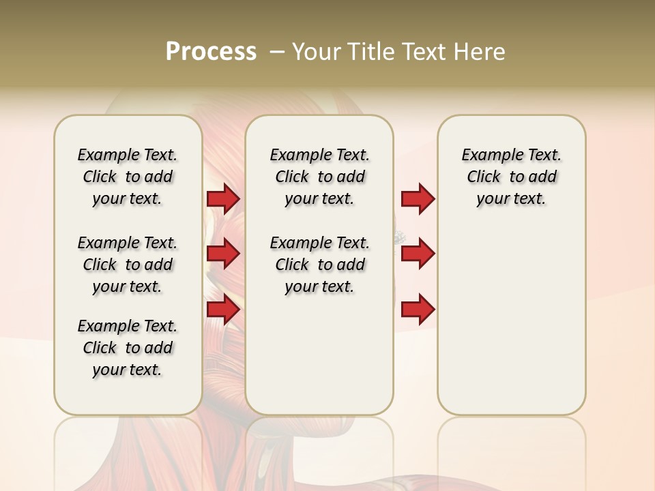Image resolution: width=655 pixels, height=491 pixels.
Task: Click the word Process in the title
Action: click(211, 52)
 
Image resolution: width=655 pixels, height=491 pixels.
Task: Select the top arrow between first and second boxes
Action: click(223, 199)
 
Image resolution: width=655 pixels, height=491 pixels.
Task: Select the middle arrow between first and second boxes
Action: click(223, 254)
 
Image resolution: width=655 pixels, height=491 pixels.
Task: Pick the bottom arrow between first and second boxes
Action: click(223, 310)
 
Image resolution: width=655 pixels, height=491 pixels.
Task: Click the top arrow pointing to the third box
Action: click(418, 199)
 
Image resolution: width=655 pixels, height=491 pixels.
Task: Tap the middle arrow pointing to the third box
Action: click(418, 254)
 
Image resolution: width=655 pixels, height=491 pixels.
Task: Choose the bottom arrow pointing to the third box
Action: click(418, 310)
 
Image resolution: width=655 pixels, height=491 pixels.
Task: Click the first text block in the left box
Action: click(128, 177)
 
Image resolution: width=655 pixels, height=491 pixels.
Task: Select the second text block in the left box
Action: click(128, 265)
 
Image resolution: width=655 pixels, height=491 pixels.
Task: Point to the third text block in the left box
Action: click(128, 348)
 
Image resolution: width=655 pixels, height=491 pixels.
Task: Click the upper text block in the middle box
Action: click(319, 177)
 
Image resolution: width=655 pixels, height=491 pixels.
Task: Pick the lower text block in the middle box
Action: click(319, 265)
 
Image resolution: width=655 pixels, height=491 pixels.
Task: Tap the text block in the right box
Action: click(511, 177)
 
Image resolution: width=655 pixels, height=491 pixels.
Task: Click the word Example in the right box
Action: click(486, 155)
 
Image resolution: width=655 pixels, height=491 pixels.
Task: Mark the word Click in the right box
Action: click(484, 177)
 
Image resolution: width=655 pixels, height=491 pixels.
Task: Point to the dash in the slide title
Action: click(277, 52)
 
